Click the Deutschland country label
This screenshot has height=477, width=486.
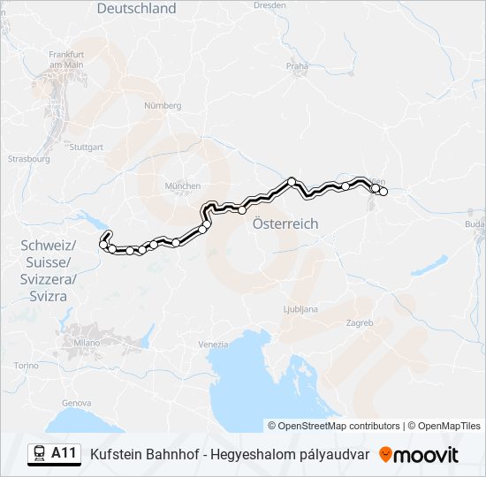click(x=136, y=9)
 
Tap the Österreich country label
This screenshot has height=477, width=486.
click(x=285, y=224)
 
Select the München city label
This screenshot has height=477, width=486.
click(x=183, y=186)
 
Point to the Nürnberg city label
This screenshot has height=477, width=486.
click(x=162, y=105)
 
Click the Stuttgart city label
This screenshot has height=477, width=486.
click(x=86, y=148)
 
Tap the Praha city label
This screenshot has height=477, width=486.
click(x=297, y=65)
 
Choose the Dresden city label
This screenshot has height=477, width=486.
click(x=270, y=4)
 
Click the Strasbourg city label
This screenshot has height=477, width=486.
click(x=28, y=160)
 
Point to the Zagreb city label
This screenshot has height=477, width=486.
click(x=360, y=323)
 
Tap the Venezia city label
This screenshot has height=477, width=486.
click(x=213, y=344)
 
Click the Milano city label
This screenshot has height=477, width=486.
click(x=87, y=342)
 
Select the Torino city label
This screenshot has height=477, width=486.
click(x=27, y=365)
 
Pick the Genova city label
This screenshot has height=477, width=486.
click(x=77, y=403)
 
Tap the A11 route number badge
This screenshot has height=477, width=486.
click(x=64, y=454)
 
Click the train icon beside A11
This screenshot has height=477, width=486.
click(x=40, y=454)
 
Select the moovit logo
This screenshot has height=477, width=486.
click(x=419, y=455)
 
